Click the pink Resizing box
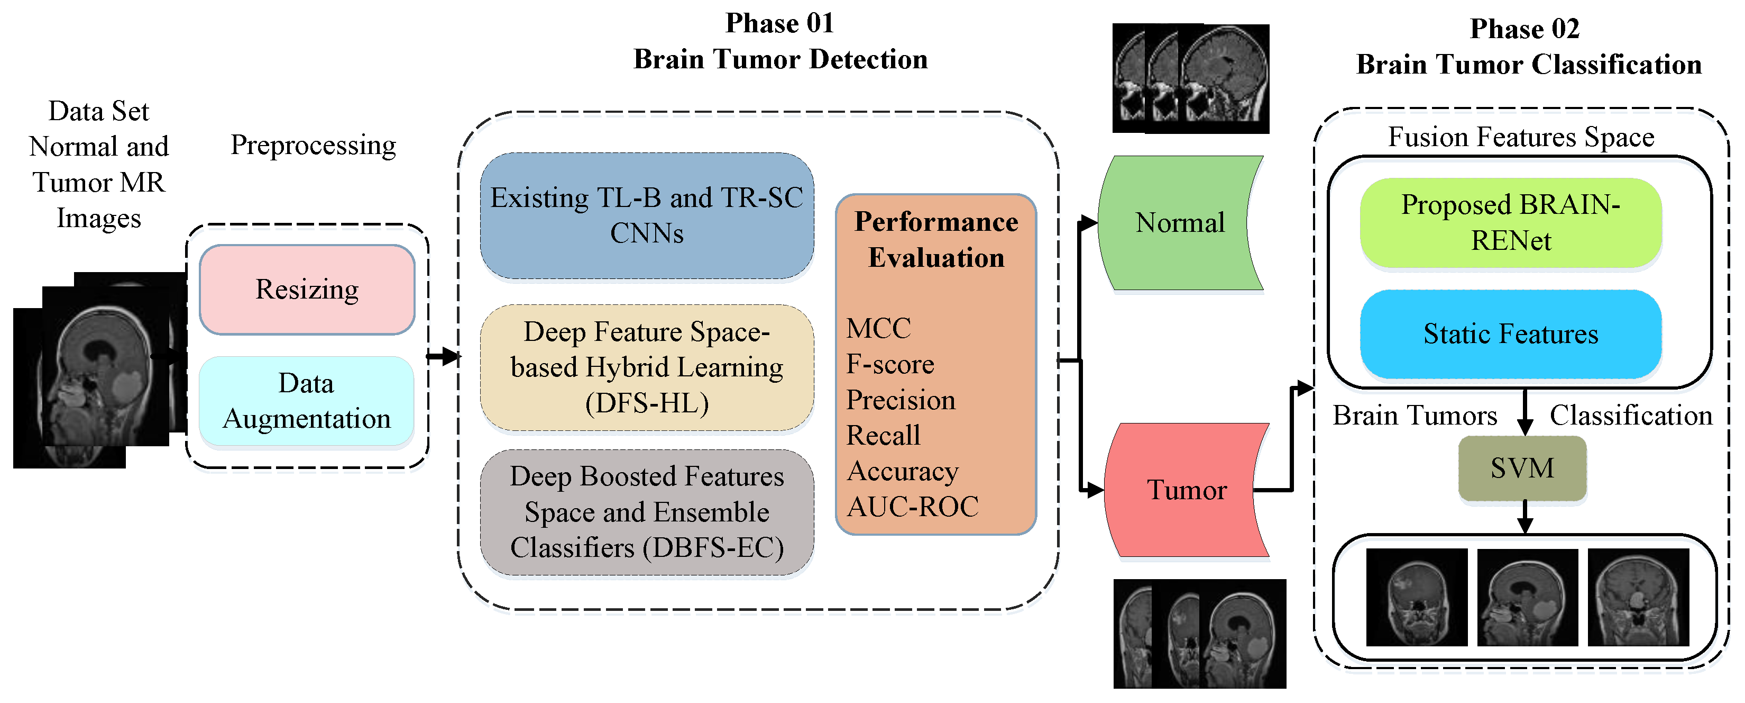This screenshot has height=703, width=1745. coord(307,290)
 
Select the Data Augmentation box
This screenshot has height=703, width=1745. coord(307,401)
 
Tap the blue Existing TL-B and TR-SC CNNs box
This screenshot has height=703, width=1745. coord(647,215)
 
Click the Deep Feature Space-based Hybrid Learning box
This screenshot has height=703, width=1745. coord(647,367)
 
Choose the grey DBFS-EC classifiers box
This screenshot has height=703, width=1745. coord(647,512)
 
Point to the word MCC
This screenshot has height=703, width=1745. coord(879,329)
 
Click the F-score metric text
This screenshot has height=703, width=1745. coord(890,365)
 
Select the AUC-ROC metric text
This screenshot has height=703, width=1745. coord(913,507)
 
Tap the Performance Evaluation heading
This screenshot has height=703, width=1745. coord(936,239)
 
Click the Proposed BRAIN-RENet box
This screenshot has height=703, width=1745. coord(1511,222)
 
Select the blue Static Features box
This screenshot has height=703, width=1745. coord(1511,334)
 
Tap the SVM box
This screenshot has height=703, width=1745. coord(1522,468)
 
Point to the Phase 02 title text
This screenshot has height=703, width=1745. coord(1525,29)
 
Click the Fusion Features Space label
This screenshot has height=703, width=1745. coord(1521,137)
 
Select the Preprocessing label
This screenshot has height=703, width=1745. coord(313,145)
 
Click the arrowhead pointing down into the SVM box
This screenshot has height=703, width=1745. coord(1525,427)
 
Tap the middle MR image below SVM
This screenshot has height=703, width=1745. coord(1528,597)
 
